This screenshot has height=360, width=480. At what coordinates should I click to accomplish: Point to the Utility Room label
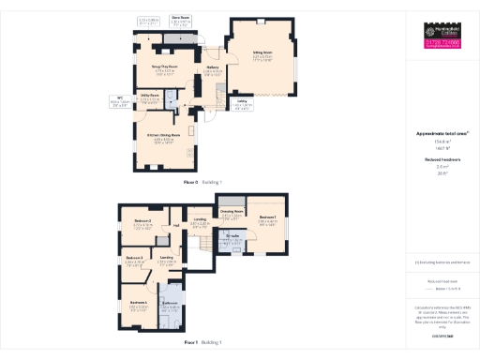[150, 96]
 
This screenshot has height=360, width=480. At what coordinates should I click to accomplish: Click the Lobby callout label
[242, 102]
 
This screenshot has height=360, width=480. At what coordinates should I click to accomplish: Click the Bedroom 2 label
[142, 222]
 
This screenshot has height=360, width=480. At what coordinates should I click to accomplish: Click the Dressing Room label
[232, 214]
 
